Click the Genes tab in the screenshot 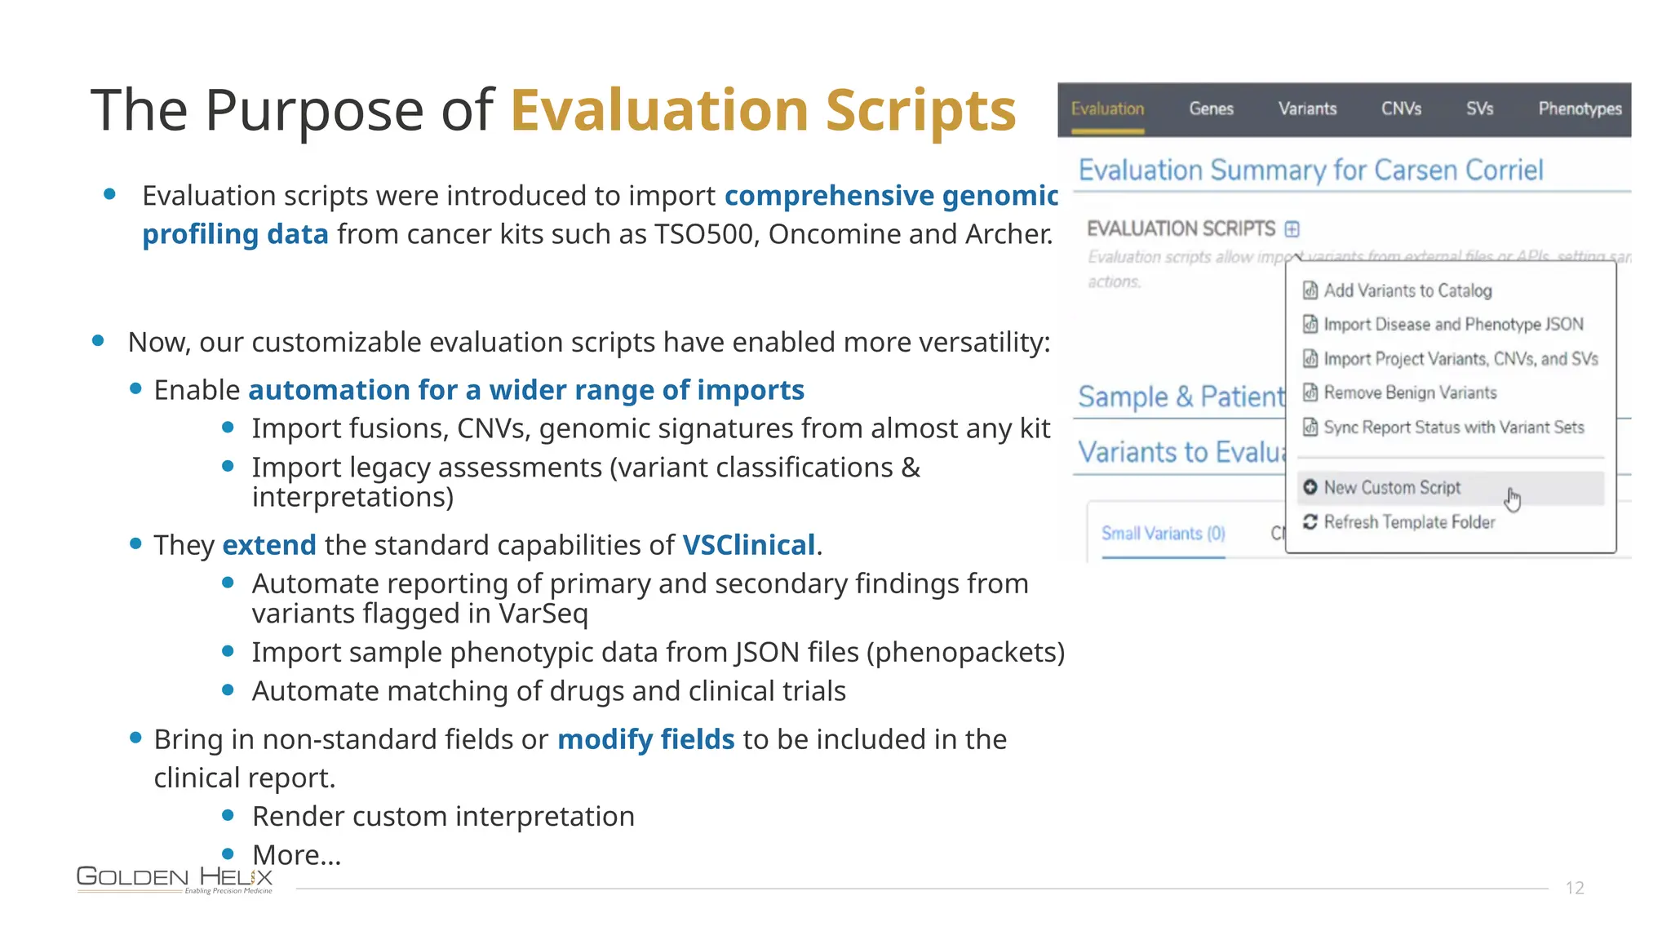tap(1211, 109)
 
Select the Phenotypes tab tap(1580, 109)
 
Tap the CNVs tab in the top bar tap(1401, 109)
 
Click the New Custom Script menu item tap(1392, 488)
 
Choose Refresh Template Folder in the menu tap(1409, 522)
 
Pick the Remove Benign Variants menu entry tap(1410, 393)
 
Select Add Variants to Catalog tap(1407, 291)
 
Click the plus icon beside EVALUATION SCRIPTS tap(1292, 229)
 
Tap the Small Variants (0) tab tap(1163, 534)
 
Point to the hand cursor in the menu tap(1514, 499)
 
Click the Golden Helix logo tap(175, 879)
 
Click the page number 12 tap(1575, 888)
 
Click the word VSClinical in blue tap(748, 545)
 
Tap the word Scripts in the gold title tap(920, 110)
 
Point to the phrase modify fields tap(645, 739)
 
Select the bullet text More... tap(296, 855)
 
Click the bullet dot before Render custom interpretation tap(228, 815)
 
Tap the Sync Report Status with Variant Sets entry tap(1453, 428)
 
